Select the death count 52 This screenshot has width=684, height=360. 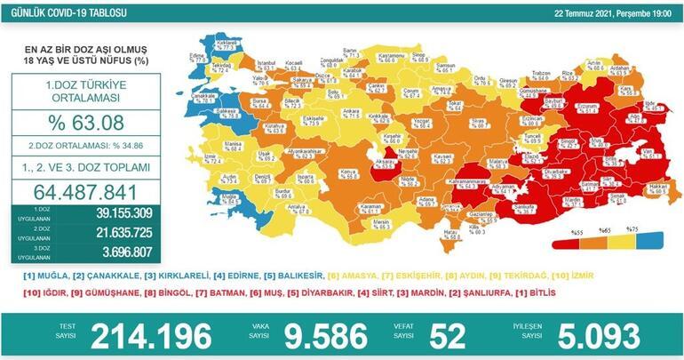click(448, 336)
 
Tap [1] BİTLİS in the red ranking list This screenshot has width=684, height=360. click(635, 292)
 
